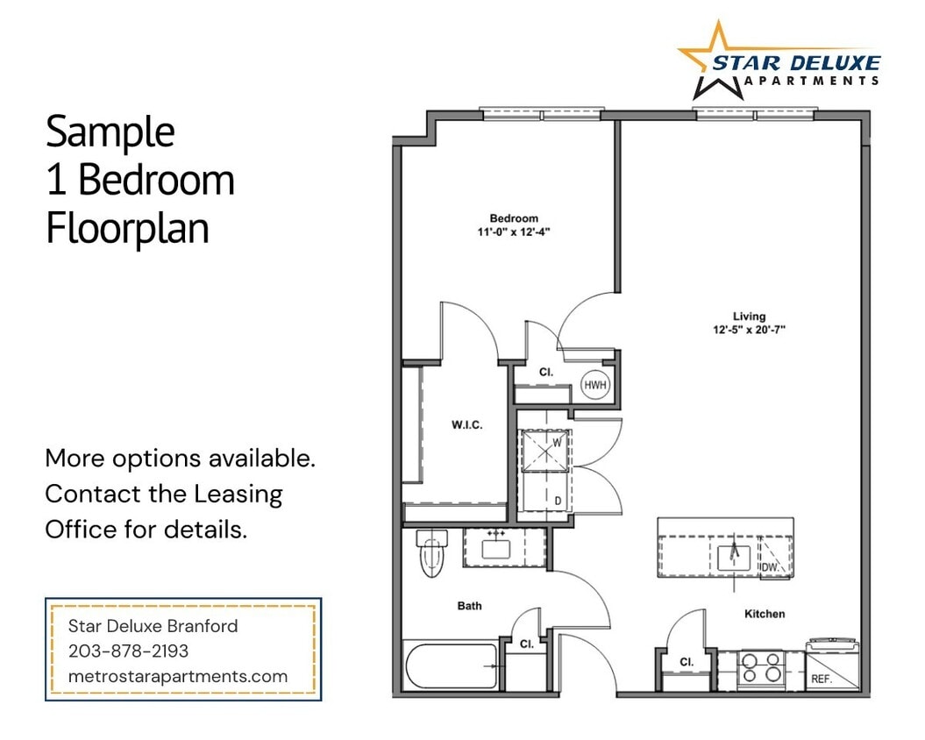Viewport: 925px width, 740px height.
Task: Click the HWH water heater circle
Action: pyautogui.click(x=595, y=385)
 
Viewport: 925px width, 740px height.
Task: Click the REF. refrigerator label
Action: pyautogui.click(x=821, y=679)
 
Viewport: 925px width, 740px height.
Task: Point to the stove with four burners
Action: pyautogui.click(x=761, y=668)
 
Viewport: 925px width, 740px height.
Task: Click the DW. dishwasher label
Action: pyautogui.click(x=770, y=567)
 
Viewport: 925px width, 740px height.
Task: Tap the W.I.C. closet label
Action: pyautogui.click(x=466, y=425)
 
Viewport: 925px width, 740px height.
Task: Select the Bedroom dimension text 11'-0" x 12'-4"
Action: pyautogui.click(x=514, y=232)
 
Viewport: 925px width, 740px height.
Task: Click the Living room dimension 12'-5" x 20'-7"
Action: pyautogui.click(x=749, y=331)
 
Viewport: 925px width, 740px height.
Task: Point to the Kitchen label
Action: pyautogui.click(x=765, y=614)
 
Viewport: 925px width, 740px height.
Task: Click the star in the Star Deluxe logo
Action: pyautogui.click(x=715, y=60)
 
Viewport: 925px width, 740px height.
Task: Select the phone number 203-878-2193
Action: pyautogui.click(x=128, y=651)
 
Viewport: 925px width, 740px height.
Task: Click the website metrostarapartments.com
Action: pyautogui.click(x=178, y=676)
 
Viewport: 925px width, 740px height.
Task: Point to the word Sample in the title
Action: pyautogui.click(x=110, y=132)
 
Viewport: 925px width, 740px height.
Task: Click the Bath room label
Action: pyautogui.click(x=469, y=606)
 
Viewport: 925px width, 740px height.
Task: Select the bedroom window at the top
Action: pyautogui.click(x=542, y=114)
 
